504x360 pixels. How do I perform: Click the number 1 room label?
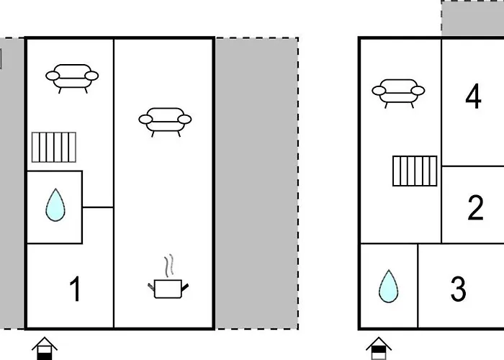[x=75, y=289]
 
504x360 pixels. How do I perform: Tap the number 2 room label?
[x=475, y=207]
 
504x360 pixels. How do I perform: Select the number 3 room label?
[x=459, y=289]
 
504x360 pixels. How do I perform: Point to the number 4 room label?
[x=474, y=96]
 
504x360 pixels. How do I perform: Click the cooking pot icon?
[x=168, y=289]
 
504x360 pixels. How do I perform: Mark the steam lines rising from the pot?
[x=169, y=266]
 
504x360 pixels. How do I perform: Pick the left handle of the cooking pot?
[x=151, y=287]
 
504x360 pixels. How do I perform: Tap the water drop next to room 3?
[x=389, y=286]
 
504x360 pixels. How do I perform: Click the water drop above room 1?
[x=55, y=204]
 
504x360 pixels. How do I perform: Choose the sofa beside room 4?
[x=398, y=94]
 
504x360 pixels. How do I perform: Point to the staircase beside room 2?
[x=415, y=171]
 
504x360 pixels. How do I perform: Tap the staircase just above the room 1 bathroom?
[x=54, y=147]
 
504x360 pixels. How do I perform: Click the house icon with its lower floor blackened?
[x=45, y=348]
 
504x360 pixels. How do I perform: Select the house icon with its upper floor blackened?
[x=379, y=348]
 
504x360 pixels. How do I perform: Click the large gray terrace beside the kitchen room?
[x=257, y=183]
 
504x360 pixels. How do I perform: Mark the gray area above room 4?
[x=472, y=18]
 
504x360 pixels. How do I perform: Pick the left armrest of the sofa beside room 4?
[x=379, y=91]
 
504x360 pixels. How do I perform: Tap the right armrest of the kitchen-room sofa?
[x=184, y=120]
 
